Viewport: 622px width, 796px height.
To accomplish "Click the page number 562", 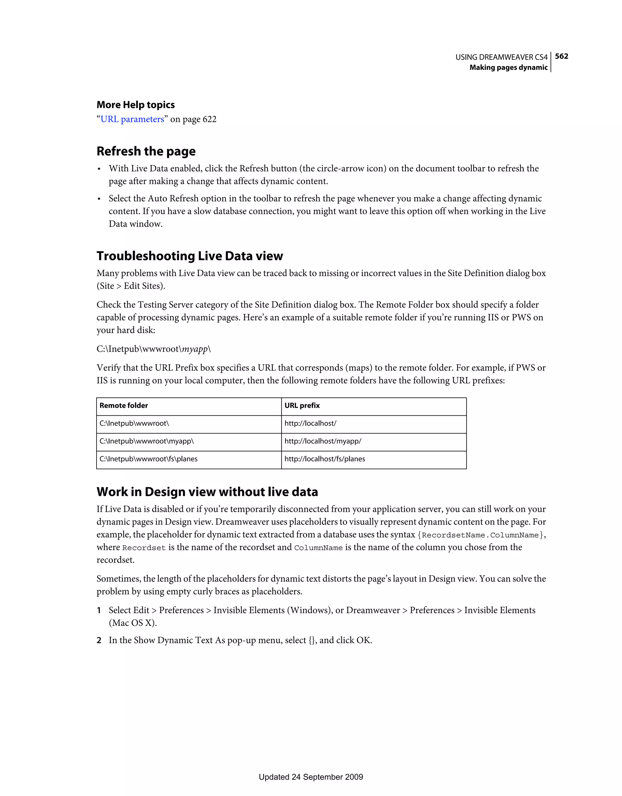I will tap(561, 56).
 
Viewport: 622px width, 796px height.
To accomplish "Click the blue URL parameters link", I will tap(132, 119).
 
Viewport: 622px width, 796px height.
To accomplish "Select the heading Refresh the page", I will tap(146, 151).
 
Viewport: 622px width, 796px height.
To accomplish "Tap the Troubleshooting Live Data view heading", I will tap(190, 256).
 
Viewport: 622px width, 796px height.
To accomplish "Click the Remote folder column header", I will tap(124, 405).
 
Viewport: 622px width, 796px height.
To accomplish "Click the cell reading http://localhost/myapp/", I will tap(323, 441).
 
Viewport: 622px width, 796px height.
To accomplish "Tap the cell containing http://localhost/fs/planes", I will tap(324, 459).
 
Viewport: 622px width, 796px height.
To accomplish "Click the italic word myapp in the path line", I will tap(195, 349).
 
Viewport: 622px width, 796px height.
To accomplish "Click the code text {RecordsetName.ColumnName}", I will tap(480, 535).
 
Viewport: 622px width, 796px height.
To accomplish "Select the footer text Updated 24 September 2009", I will tap(310, 777).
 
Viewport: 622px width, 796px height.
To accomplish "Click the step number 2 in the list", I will tap(99, 640).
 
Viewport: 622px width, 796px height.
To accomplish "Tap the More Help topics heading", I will tap(135, 105).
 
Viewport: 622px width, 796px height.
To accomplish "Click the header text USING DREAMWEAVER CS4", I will tap(501, 57).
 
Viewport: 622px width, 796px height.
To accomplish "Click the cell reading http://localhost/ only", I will tap(310, 423).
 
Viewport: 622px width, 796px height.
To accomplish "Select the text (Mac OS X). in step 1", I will tap(133, 623).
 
